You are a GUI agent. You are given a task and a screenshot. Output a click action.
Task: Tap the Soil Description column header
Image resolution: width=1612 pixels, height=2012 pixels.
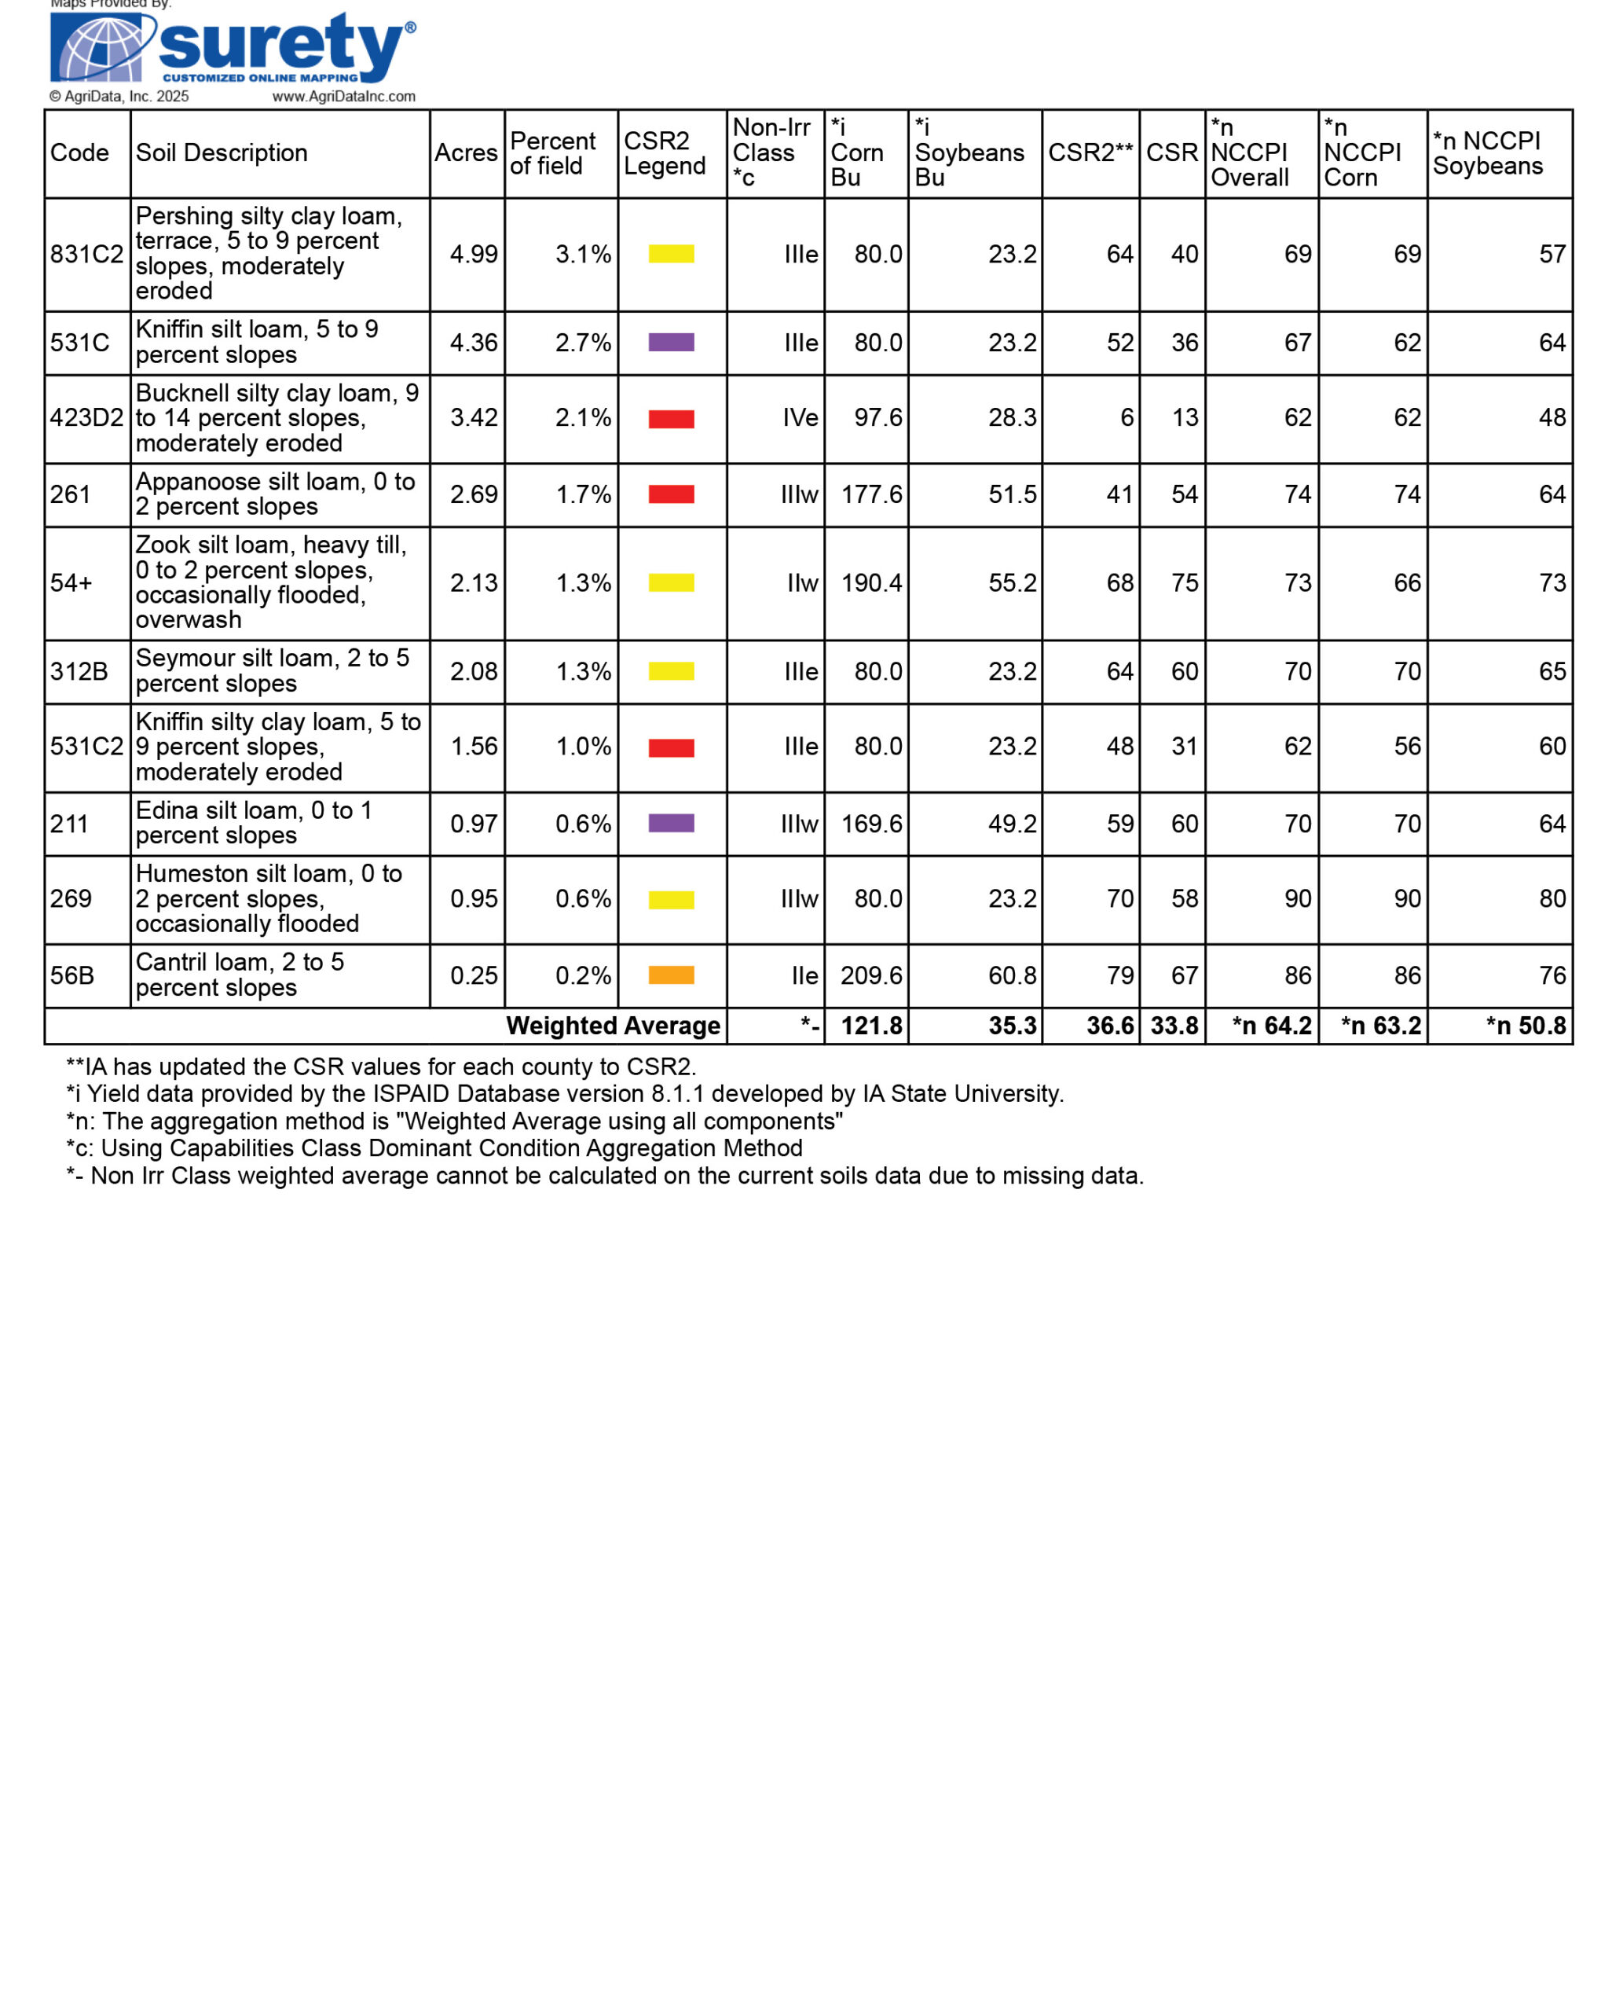click(221, 153)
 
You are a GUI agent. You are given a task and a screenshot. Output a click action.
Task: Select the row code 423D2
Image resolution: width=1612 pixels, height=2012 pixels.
click(86, 418)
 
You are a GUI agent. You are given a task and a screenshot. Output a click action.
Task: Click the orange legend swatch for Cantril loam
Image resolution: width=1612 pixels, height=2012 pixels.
click(671, 975)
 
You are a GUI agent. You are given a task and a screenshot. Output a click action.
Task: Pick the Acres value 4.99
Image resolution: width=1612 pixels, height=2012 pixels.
click(473, 255)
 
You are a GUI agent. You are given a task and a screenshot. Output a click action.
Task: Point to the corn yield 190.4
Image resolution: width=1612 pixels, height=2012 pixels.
click(871, 583)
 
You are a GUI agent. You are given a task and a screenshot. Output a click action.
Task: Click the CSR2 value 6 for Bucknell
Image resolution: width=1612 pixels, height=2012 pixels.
click(1126, 418)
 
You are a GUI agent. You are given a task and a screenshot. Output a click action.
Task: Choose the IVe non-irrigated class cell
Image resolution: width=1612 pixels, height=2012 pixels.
click(800, 418)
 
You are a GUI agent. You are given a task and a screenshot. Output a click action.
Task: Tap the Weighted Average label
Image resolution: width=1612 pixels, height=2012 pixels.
click(613, 1026)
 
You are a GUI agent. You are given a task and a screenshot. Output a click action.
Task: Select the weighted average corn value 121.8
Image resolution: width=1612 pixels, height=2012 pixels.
click(871, 1026)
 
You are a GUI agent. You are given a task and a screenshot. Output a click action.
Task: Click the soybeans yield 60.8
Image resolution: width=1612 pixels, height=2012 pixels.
click(1012, 976)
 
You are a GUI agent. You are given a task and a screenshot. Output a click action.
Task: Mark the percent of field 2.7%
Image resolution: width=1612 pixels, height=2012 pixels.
click(583, 343)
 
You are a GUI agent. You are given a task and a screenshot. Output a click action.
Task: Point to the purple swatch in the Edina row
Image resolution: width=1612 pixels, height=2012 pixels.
click(671, 823)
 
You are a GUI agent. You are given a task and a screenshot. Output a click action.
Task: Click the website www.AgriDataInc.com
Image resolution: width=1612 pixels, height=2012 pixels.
click(343, 96)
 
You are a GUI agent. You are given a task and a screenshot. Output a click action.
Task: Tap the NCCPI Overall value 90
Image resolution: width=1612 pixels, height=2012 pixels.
click(1297, 898)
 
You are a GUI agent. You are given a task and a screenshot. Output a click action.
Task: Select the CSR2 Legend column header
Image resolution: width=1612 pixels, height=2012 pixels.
click(665, 153)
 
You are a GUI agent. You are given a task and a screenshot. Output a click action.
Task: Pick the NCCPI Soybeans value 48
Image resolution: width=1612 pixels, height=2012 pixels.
click(1552, 418)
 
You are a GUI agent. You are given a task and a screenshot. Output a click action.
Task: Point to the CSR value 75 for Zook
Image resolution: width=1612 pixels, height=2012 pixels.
click(1184, 583)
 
